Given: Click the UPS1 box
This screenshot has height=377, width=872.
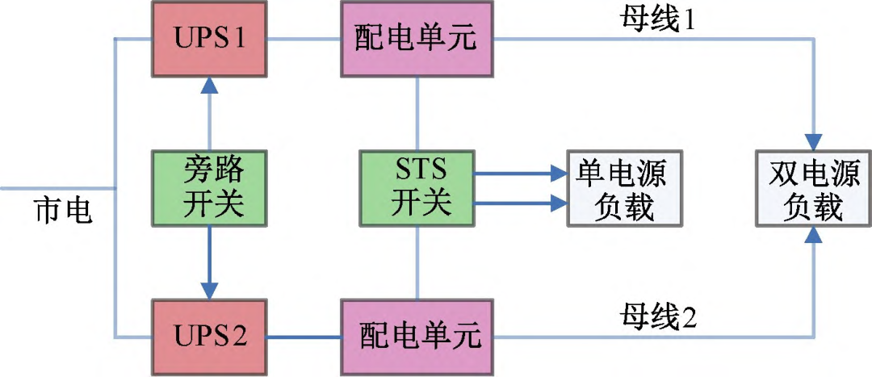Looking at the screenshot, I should [x=209, y=37].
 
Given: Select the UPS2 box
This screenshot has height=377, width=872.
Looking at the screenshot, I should [x=209, y=334].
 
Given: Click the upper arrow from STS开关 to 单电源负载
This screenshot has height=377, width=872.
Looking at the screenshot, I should [x=517, y=172].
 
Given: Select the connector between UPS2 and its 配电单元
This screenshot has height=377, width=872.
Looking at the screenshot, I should [x=304, y=335].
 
